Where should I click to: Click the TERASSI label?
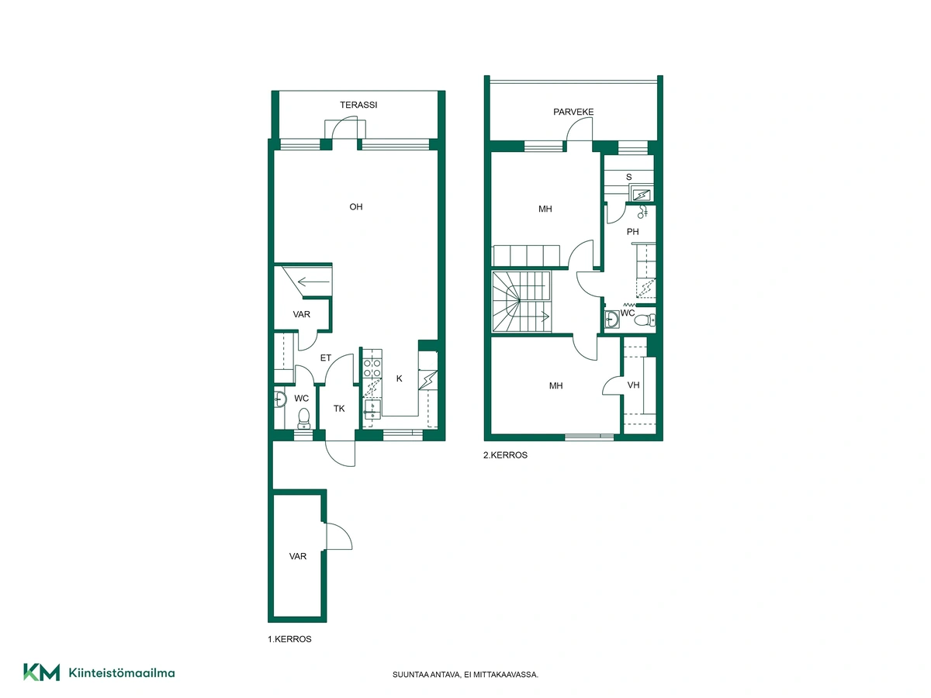click(358, 105)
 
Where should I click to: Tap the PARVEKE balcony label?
click(573, 112)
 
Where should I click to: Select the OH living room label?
click(356, 207)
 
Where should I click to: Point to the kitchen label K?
click(399, 378)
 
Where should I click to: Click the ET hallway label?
click(325, 358)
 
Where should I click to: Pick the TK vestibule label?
click(339, 409)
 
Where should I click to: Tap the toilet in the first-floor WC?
click(303, 418)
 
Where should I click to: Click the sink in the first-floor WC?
click(280, 399)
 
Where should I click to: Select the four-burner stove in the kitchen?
click(372, 368)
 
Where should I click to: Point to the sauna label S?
click(628, 177)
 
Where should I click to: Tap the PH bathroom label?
click(632, 232)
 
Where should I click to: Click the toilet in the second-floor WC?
click(645, 320)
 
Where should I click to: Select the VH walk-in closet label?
click(633, 385)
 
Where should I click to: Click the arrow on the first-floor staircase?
click(313, 282)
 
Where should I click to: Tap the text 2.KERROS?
click(505, 455)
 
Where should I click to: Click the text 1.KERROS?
click(289, 639)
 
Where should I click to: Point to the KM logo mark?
click(42, 672)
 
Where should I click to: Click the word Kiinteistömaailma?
click(122, 673)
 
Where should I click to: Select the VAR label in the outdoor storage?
click(298, 556)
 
